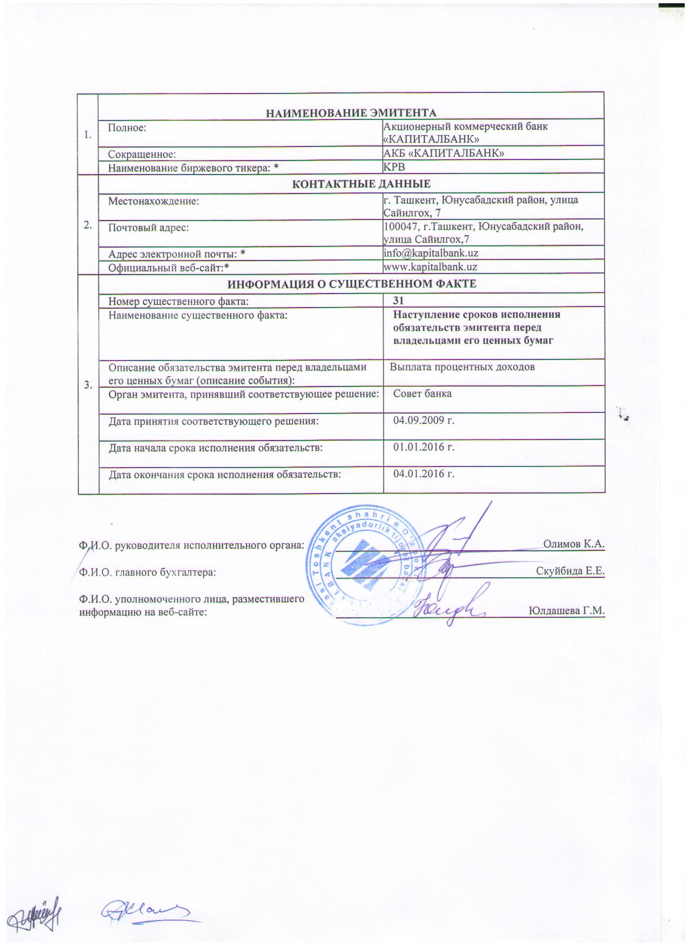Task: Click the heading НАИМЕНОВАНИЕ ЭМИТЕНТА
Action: click(x=351, y=113)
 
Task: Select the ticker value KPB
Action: click(x=394, y=168)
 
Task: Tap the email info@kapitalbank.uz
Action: click(x=430, y=253)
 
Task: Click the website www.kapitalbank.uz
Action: click(x=430, y=267)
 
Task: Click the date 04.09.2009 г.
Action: click(x=424, y=420)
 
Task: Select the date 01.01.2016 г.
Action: click(x=424, y=447)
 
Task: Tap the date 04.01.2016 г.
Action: click(x=424, y=474)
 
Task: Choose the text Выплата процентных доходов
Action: click(x=462, y=367)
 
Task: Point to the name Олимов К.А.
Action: click(x=573, y=544)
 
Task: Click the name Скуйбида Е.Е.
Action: click(x=570, y=571)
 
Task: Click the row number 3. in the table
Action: click(x=88, y=385)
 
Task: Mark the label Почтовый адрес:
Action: click(x=149, y=228)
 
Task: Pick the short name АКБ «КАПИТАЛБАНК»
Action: click(x=444, y=154)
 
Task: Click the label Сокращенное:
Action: click(x=142, y=155)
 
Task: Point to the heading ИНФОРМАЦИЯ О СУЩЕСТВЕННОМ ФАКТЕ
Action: click(x=351, y=284)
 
